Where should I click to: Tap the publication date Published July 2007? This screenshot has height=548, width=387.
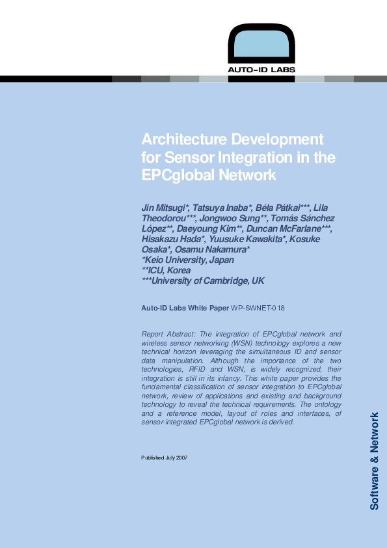click(165, 458)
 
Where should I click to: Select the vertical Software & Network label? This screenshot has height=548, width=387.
click(374, 461)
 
